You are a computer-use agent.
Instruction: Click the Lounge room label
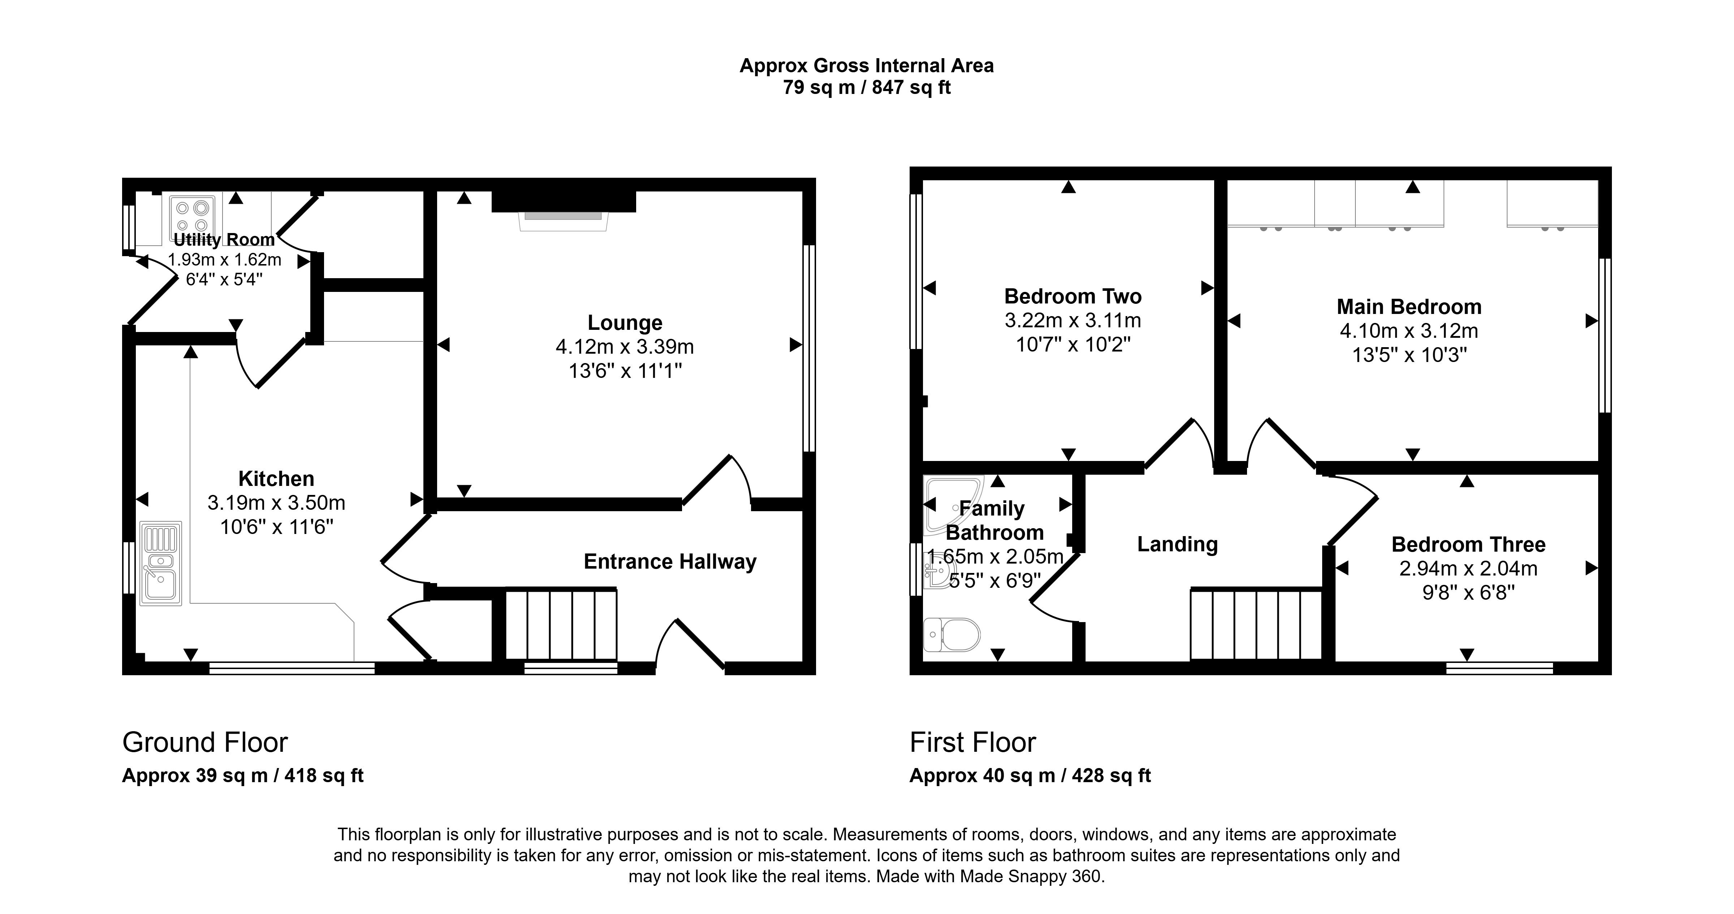(x=625, y=323)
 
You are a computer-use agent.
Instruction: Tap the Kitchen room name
(x=276, y=479)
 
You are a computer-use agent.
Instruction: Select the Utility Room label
(x=224, y=240)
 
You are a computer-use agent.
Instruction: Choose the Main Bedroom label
(x=1409, y=307)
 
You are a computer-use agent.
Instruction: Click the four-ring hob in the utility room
(x=192, y=217)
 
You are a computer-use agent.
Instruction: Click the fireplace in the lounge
(x=564, y=210)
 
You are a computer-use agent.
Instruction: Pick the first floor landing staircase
(x=1256, y=624)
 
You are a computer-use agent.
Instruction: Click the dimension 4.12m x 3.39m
(x=625, y=346)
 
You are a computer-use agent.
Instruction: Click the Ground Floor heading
(x=205, y=742)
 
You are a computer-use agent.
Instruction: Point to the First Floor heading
(x=973, y=742)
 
